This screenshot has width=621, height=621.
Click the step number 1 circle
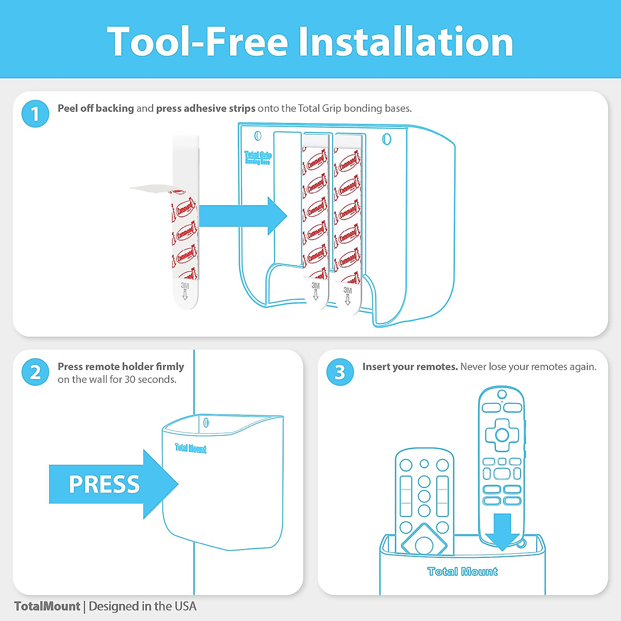[35, 113]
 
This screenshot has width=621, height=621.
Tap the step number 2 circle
[35, 372]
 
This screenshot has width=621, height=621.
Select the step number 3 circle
[340, 372]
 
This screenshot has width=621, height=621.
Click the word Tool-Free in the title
[197, 42]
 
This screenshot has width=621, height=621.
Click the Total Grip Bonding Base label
[258, 158]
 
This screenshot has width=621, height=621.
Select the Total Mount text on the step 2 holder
[190, 449]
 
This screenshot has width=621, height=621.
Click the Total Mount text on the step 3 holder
[462, 571]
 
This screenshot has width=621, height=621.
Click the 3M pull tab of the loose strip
[185, 293]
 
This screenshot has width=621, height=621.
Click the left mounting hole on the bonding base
[258, 136]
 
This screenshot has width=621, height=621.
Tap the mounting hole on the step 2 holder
[206, 422]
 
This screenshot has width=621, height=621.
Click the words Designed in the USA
[142, 606]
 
